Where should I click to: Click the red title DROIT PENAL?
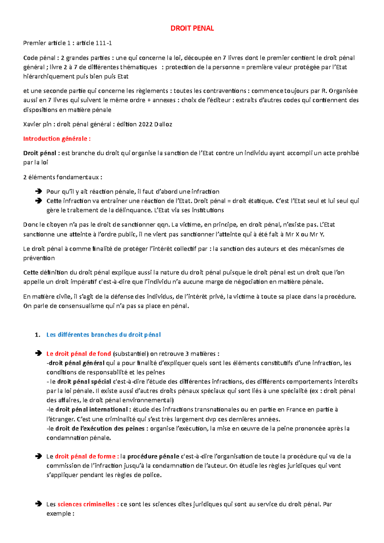pyautogui.click(x=192, y=28)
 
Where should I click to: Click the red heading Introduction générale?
pyautogui.click(x=57, y=139)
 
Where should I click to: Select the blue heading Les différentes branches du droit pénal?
pyautogui.click(x=103, y=335)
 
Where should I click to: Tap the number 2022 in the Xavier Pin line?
pyautogui.click(x=145, y=124)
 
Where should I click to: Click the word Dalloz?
pyautogui.click(x=163, y=124)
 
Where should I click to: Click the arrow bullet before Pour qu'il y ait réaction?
pyautogui.click(x=38, y=192)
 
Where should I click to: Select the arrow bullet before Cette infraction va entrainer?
pyautogui.click(x=38, y=201)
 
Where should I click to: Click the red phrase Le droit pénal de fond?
pyautogui.click(x=79, y=354)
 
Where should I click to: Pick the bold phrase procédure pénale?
pyautogui.click(x=153, y=456)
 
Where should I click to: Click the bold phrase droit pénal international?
pyautogui.click(x=91, y=410)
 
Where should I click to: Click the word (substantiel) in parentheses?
pyautogui.click(x=131, y=354)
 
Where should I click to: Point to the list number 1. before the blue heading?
pyautogui.click(x=37, y=335)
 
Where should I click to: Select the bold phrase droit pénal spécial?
pyautogui.click(x=84, y=382)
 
